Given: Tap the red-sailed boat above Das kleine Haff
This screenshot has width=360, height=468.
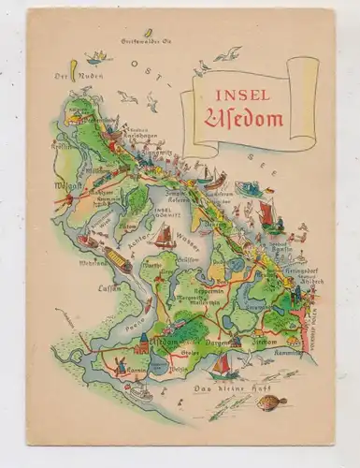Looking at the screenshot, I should tap(223, 367).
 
